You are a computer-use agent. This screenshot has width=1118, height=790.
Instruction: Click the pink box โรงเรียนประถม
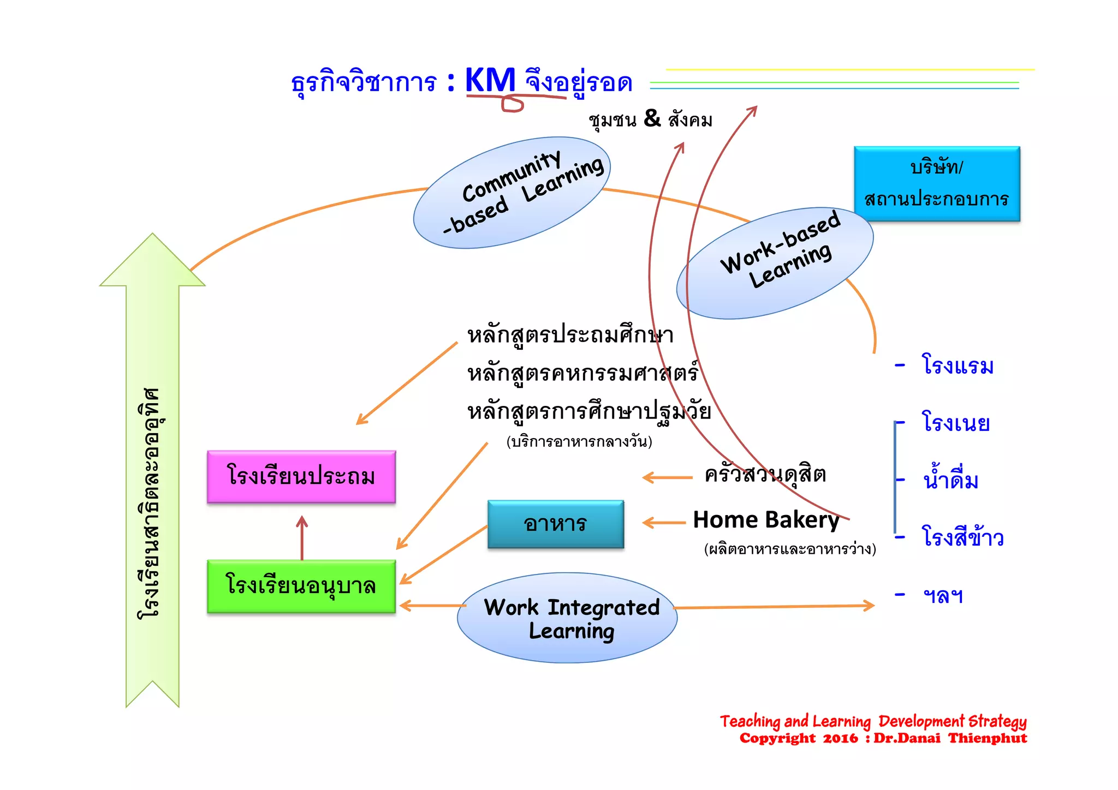[301, 476]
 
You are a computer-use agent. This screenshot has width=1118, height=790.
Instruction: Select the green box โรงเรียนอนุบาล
[301, 586]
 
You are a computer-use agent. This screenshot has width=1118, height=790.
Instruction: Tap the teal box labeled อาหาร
[556, 524]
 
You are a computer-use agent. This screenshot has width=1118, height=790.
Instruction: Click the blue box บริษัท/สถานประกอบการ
[937, 183]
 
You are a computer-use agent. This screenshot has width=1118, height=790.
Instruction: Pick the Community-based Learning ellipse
[512, 193]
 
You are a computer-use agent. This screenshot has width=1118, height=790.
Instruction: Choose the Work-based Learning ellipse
[775, 263]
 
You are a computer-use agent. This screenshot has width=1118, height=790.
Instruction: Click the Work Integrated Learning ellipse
[567, 618]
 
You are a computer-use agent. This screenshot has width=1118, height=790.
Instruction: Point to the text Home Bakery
[766, 520]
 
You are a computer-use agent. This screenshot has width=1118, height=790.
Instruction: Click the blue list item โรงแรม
[958, 365]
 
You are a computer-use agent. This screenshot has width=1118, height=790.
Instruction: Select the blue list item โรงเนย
[955, 423]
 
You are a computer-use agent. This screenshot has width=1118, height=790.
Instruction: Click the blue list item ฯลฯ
[943, 595]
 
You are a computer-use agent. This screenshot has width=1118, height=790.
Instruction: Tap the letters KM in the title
[490, 81]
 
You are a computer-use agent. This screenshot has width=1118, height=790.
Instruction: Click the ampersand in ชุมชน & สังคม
[652, 118]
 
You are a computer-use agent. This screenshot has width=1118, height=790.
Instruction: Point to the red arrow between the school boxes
[302, 537]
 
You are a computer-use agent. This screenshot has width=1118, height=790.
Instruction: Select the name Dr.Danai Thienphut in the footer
[950, 739]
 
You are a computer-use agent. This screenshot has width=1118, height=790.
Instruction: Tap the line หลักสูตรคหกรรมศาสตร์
[582, 374]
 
